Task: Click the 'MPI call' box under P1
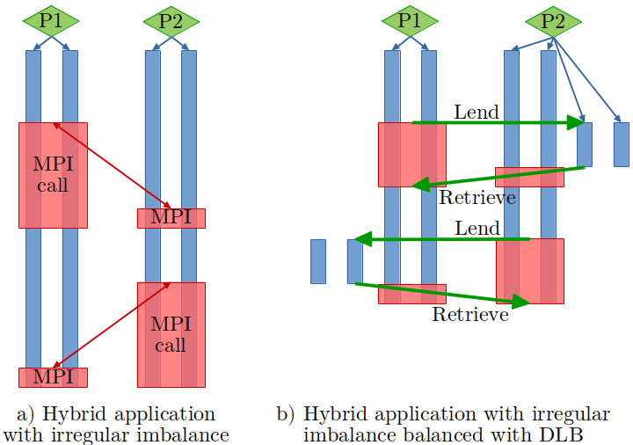(x=53, y=174)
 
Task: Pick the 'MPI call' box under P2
(x=171, y=334)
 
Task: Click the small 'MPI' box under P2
(x=171, y=218)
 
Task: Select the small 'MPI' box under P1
(x=53, y=377)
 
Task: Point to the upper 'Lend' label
(x=477, y=113)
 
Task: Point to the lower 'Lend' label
(x=477, y=229)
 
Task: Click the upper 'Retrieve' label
(x=477, y=197)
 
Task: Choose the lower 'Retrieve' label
(x=469, y=314)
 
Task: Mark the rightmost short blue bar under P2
(x=622, y=144)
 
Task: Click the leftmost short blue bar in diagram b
(x=318, y=260)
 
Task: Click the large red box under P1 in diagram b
(x=411, y=155)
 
